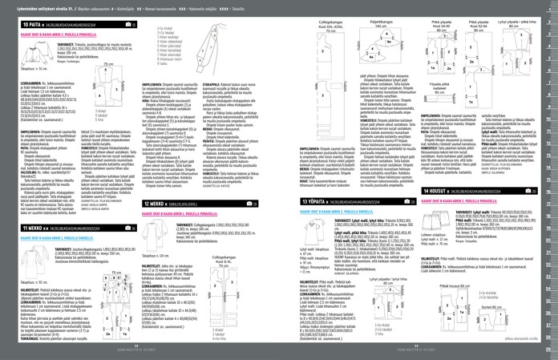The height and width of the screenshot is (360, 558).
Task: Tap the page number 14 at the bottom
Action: pyautogui.click(x=139, y=353)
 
